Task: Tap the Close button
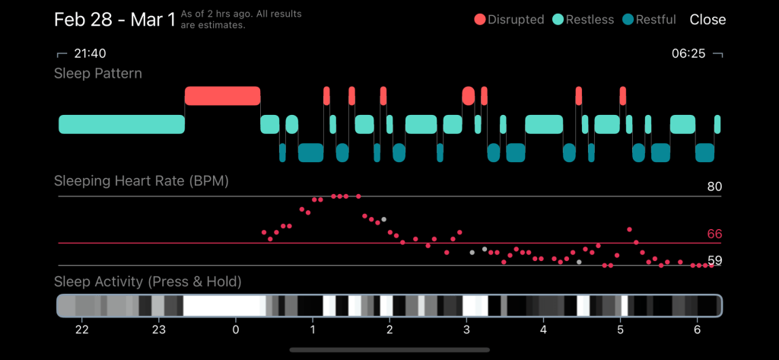pyautogui.click(x=707, y=20)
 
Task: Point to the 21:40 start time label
pyautogui.click(x=88, y=54)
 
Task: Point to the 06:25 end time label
pyautogui.click(x=688, y=54)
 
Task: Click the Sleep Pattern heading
pyautogui.click(x=98, y=74)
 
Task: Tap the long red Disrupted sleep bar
pyautogui.click(x=222, y=96)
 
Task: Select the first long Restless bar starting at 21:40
pyautogui.click(x=122, y=124)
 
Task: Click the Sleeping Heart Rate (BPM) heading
pyautogui.click(x=141, y=181)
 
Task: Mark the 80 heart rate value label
pyautogui.click(x=714, y=186)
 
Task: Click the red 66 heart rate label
pyautogui.click(x=714, y=234)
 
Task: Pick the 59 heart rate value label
pyautogui.click(x=714, y=260)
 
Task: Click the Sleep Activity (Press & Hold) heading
pyautogui.click(x=148, y=282)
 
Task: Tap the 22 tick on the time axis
pyautogui.click(x=81, y=330)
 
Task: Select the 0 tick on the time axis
pyautogui.click(x=236, y=330)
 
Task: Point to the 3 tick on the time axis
pyautogui.click(x=466, y=330)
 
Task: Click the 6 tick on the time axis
pyautogui.click(x=697, y=330)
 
